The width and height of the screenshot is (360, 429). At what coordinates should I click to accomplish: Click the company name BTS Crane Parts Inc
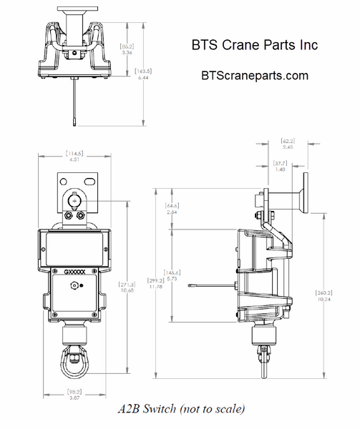point(254,45)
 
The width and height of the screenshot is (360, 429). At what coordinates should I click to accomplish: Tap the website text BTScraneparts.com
point(256,75)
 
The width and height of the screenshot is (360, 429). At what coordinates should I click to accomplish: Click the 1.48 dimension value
point(281,169)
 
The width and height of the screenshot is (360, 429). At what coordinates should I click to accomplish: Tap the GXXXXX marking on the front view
point(74,272)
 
